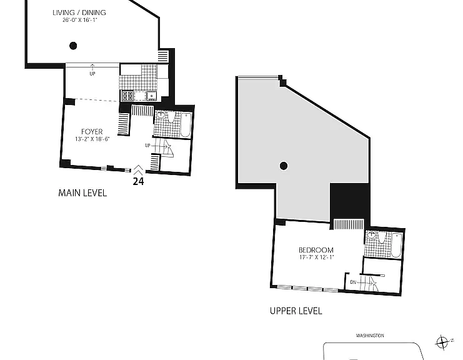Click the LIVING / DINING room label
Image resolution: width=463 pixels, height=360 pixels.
click(x=79, y=12)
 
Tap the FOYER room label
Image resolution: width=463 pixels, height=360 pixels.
click(x=92, y=132)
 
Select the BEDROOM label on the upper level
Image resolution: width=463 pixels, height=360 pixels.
click(x=316, y=250)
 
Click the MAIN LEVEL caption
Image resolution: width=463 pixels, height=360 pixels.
click(x=82, y=193)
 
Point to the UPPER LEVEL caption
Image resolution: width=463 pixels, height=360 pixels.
click(x=296, y=311)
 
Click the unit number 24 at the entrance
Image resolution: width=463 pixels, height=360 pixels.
click(x=138, y=181)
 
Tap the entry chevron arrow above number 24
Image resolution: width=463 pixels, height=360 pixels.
click(x=138, y=170)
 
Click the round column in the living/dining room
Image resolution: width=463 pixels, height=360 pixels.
click(x=73, y=46)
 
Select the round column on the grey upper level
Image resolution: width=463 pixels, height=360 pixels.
click(x=284, y=166)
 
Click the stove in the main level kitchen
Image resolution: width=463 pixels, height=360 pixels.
click(x=127, y=96)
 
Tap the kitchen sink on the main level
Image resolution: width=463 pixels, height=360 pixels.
click(x=151, y=96)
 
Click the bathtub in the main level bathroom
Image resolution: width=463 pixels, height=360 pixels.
click(x=186, y=124)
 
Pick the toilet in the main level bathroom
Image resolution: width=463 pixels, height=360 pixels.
click(x=171, y=117)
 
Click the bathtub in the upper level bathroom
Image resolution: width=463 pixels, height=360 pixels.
click(x=396, y=245)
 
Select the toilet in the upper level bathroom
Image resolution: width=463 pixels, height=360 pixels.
click(x=382, y=237)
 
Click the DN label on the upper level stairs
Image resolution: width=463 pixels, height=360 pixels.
click(x=353, y=282)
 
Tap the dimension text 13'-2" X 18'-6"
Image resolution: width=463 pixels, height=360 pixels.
click(x=92, y=139)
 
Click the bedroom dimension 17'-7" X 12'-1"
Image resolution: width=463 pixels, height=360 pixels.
click(x=316, y=257)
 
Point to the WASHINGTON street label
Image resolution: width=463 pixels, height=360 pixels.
click(x=370, y=336)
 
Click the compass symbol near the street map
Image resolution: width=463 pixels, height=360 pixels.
click(x=442, y=342)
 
